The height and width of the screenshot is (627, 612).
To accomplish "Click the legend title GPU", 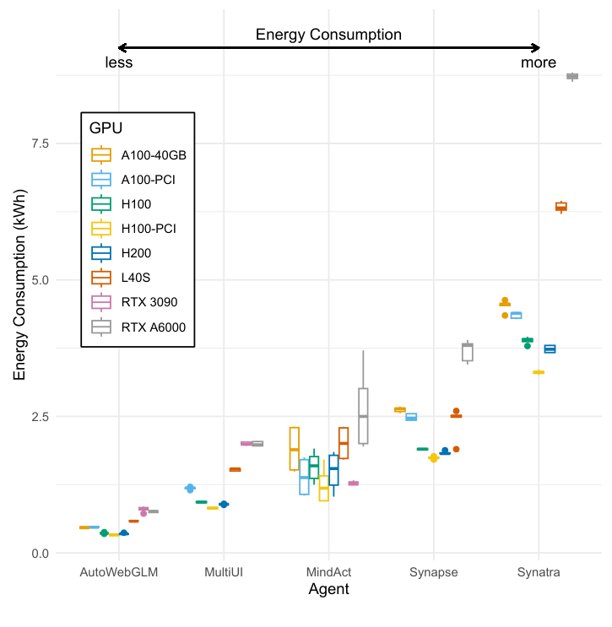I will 106,129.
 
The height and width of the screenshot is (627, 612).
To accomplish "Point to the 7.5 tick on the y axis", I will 39,143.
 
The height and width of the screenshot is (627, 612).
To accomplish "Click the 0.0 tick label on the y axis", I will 39,554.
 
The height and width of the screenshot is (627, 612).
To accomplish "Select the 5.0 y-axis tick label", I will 39,280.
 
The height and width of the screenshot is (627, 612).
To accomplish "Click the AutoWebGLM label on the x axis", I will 119,572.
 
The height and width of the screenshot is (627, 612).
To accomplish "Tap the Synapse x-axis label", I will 433,572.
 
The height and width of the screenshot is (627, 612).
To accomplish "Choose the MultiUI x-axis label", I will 224,572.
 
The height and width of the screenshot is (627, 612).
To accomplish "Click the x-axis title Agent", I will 328,590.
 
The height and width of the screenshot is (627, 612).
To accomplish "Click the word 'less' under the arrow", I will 118,62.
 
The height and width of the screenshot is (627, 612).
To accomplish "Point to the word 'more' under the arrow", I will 538,62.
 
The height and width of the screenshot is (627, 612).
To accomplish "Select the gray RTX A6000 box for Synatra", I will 571,76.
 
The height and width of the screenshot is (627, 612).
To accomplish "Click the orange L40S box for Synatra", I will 561,206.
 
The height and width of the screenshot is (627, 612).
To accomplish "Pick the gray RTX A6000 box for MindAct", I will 363,415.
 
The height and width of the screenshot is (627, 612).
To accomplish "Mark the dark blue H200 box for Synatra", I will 550,349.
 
